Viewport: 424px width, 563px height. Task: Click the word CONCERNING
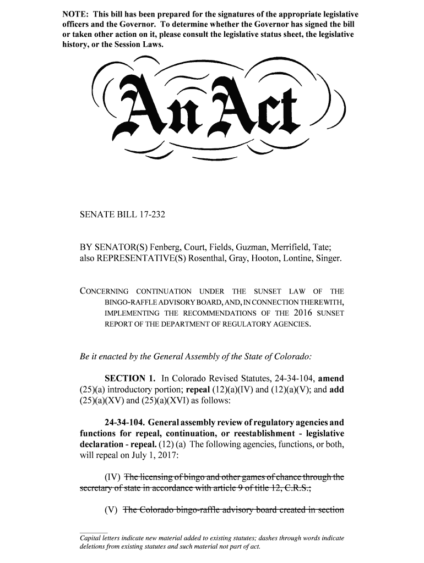[x=105, y=291]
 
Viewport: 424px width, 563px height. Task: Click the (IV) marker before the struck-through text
[x=113, y=477]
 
